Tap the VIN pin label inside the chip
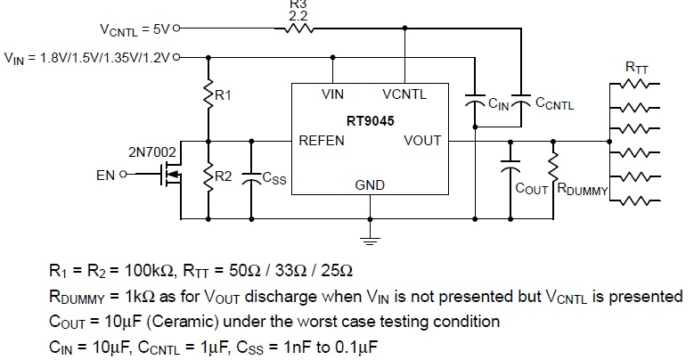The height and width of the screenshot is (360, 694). tap(333, 93)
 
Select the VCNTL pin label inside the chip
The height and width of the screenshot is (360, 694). tap(404, 93)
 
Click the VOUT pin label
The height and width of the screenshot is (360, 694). tap(422, 140)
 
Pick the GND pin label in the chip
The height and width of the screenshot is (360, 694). tap(370, 185)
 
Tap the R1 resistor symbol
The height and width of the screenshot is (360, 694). tap(208, 95)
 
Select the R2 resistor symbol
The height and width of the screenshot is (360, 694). tap(208, 177)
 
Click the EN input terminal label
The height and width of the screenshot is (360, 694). tap(105, 176)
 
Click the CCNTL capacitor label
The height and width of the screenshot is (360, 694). tap(555, 104)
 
